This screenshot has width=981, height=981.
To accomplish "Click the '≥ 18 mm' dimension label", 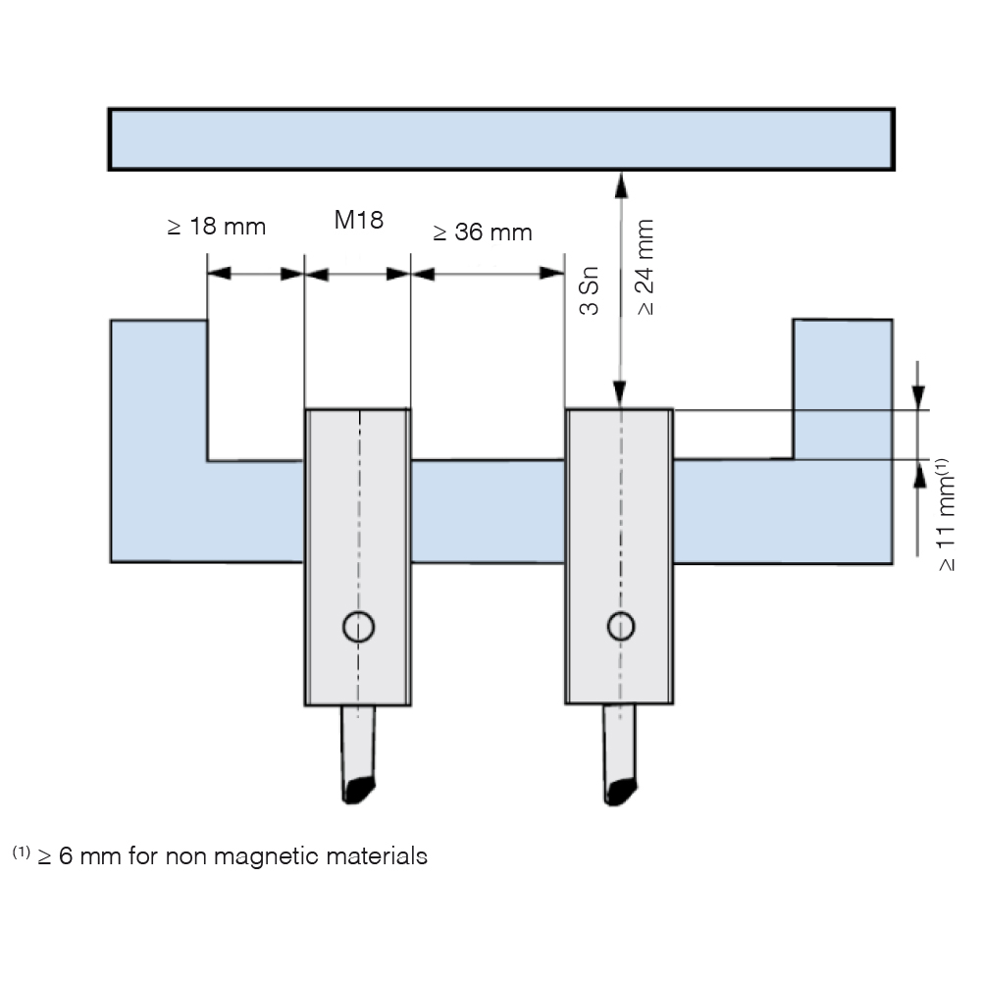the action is point(217,227).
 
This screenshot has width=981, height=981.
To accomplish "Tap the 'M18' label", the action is point(358,220).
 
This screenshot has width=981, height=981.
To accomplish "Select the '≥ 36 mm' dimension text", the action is point(483,232).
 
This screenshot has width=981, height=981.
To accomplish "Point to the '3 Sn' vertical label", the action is point(590,290).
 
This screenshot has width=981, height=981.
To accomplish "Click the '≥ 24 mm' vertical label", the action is point(645,267).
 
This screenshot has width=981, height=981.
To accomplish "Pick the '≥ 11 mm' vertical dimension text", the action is point(946,515).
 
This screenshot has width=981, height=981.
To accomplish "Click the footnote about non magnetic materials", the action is point(220,855).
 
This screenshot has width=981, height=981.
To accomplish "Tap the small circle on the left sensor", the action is point(358,626).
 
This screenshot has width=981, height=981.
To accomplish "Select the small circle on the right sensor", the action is point(621,626).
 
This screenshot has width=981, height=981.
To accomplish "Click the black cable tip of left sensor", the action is point(358,790).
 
